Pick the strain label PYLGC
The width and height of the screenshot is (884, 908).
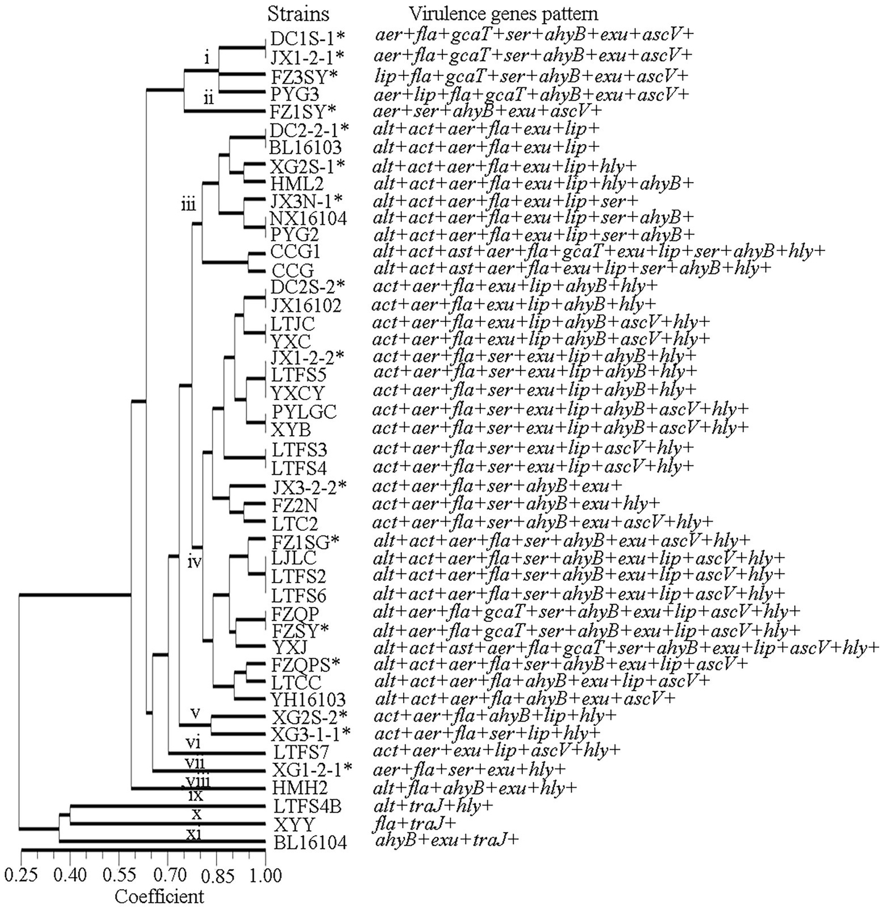pyautogui.click(x=304, y=412)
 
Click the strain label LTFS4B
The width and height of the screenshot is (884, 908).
pyautogui.click(x=307, y=806)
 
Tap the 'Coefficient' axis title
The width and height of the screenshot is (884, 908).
pyautogui.click(x=160, y=896)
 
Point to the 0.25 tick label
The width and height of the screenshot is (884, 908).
pyautogui.click(x=21, y=877)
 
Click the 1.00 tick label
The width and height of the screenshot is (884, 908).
pyautogui.click(x=264, y=877)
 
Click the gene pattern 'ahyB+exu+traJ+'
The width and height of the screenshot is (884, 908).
pyautogui.click(x=447, y=841)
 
